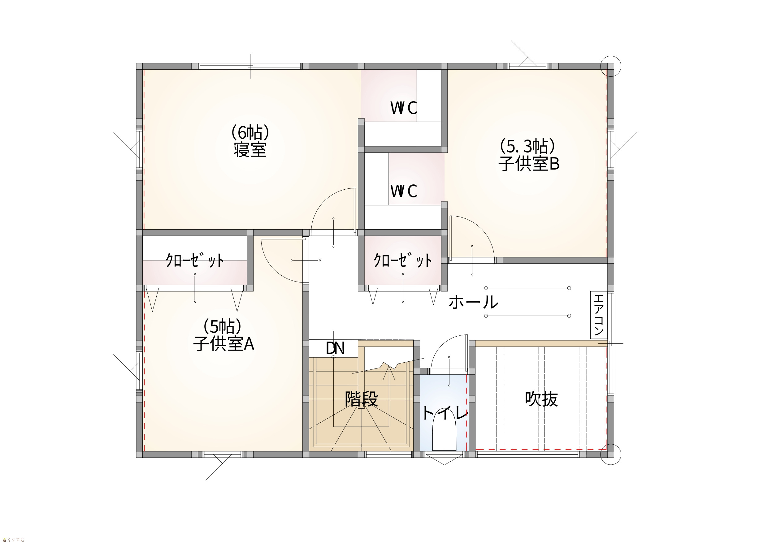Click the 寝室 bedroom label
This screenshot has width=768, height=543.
coord(250,149)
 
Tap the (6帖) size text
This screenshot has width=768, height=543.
coord(250,133)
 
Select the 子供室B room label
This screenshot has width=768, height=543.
coord(529,164)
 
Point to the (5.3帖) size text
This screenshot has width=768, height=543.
coord(527,146)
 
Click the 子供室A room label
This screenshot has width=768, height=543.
coord(223,343)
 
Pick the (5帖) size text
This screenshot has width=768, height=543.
coord(223,327)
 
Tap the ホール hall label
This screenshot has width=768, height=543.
coord(473,302)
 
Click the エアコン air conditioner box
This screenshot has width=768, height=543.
coord(599,315)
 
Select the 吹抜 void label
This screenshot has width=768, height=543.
coord(541,399)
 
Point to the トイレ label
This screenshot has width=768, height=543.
coord(445,413)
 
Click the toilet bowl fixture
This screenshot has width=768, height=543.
coord(444,434)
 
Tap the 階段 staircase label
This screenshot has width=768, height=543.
coord(361,399)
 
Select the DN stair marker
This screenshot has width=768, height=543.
coord(335,348)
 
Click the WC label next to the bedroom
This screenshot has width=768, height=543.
coord(404,108)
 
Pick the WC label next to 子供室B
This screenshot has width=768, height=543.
coord(404,191)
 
